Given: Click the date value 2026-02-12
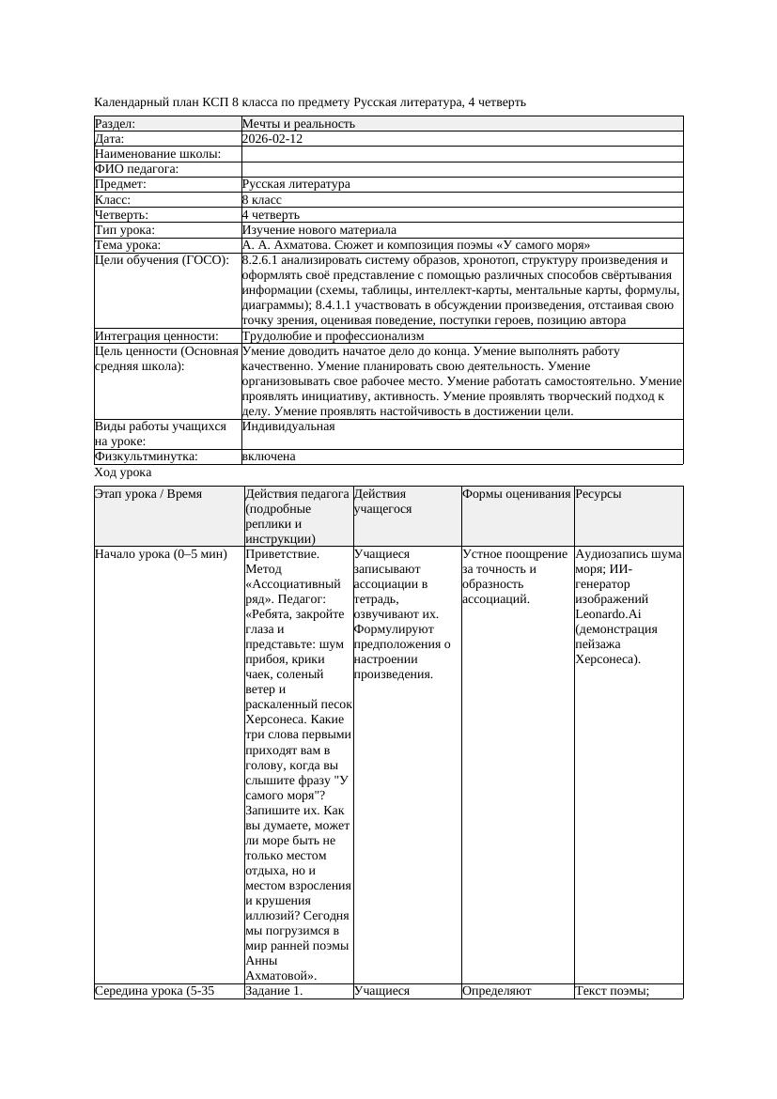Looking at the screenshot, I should click(x=272, y=139).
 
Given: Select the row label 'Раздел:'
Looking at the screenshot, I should click(x=116, y=124).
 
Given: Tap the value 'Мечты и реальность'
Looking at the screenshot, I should click(x=298, y=124).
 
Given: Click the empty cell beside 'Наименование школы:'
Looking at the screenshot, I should click(x=460, y=154).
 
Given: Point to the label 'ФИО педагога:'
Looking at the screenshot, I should click(x=136, y=169).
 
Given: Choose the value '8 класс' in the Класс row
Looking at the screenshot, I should click(x=261, y=200).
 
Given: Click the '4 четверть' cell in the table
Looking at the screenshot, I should click(x=271, y=215).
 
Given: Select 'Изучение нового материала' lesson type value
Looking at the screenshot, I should click(x=319, y=230).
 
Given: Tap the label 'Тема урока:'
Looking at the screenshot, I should click(x=128, y=245).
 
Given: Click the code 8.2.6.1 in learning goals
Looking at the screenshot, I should click(x=264, y=260).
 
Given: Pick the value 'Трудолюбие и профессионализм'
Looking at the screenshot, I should click(x=333, y=335).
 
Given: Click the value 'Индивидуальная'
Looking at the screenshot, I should click(x=287, y=426).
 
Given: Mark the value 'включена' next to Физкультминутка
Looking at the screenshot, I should click(x=269, y=457).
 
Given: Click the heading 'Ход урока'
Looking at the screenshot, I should click(x=123, y=473).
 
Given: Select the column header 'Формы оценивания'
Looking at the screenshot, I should click(x=516, y=494).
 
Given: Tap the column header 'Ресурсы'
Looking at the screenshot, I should click(x=598, y=494).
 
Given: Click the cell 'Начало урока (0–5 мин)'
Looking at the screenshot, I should click(x=161, y=554).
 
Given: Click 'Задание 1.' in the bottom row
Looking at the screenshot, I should click(x=273, y=990).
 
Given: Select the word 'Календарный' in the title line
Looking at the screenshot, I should click(x=131, y=101).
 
